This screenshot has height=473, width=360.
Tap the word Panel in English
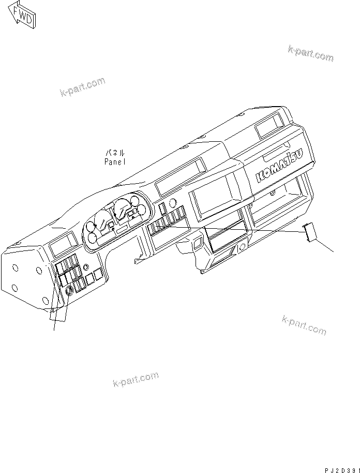tap(114, 161)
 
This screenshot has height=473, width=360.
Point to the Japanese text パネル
tap(115, 153)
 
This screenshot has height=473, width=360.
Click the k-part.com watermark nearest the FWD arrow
tap(82, 86)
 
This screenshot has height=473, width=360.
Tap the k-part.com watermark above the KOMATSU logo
tap(310, 53)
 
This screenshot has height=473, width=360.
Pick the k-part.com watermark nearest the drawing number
tap(304, 324)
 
